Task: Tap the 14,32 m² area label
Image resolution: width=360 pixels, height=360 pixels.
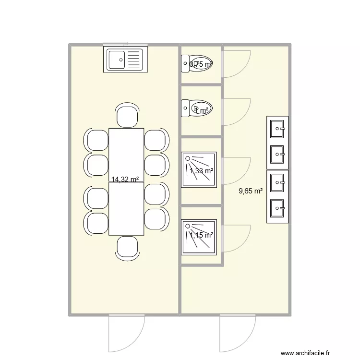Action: (125, 180)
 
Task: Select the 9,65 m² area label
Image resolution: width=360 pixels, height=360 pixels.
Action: (251, 191)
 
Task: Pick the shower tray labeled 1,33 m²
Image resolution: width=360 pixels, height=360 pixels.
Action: (199, 169)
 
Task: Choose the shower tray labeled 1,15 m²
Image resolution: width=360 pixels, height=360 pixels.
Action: (199, 237)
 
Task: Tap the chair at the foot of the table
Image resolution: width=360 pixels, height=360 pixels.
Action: (127, 248)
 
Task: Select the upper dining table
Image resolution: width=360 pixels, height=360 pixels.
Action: (126, 155)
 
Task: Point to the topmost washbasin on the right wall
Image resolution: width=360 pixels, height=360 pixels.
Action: (277, 128)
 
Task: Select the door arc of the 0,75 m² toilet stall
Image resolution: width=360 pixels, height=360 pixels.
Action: (237, 63)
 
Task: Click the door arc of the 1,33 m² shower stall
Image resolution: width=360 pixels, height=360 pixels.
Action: (237, 171)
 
